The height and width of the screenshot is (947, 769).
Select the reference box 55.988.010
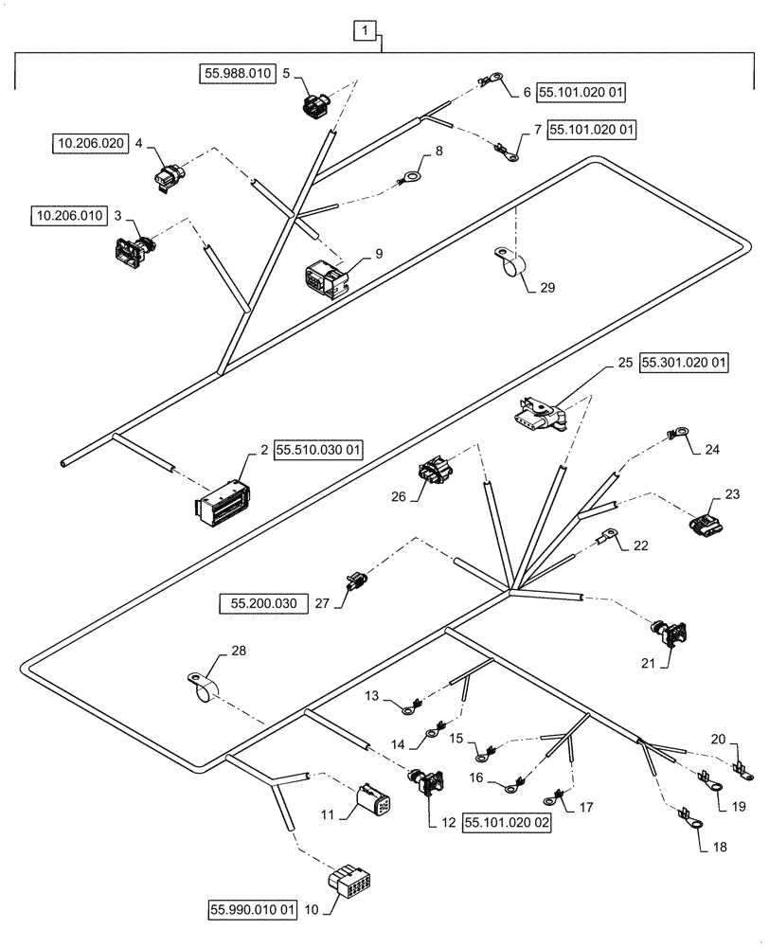tap(237, 72)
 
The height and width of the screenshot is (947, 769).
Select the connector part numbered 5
tap(315, 104)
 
